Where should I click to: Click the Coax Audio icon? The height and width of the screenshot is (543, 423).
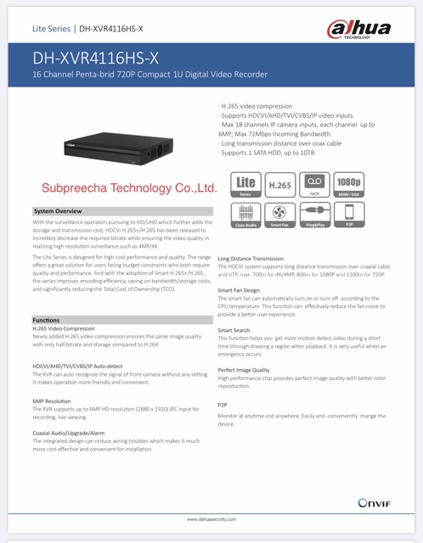pos(245,216)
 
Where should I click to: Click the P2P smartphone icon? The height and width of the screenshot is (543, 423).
pos(348,216)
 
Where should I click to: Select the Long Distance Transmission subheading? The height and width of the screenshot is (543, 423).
pos(251,258)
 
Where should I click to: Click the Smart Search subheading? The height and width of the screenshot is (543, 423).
pos(234,328)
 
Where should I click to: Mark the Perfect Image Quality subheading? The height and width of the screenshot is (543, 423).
pos(244,370)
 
